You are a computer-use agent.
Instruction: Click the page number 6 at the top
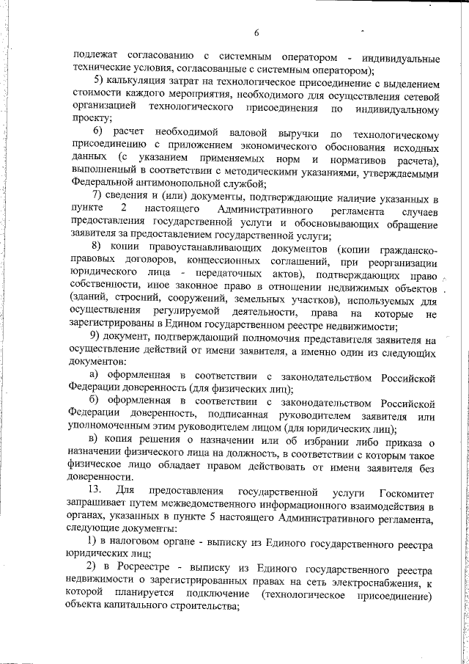coord(256,32)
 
